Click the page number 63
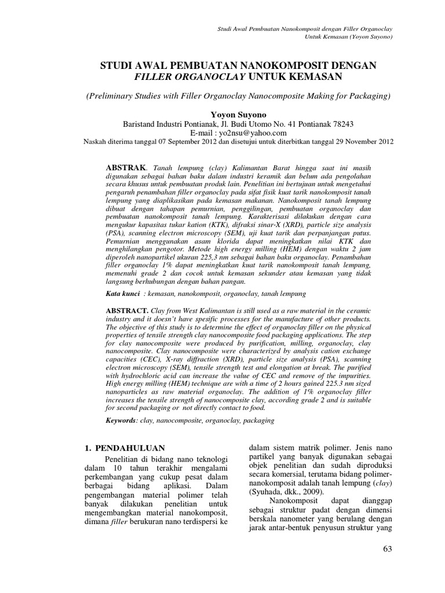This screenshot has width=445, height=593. coord(388,565)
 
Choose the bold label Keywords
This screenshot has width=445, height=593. coord(121,420)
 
